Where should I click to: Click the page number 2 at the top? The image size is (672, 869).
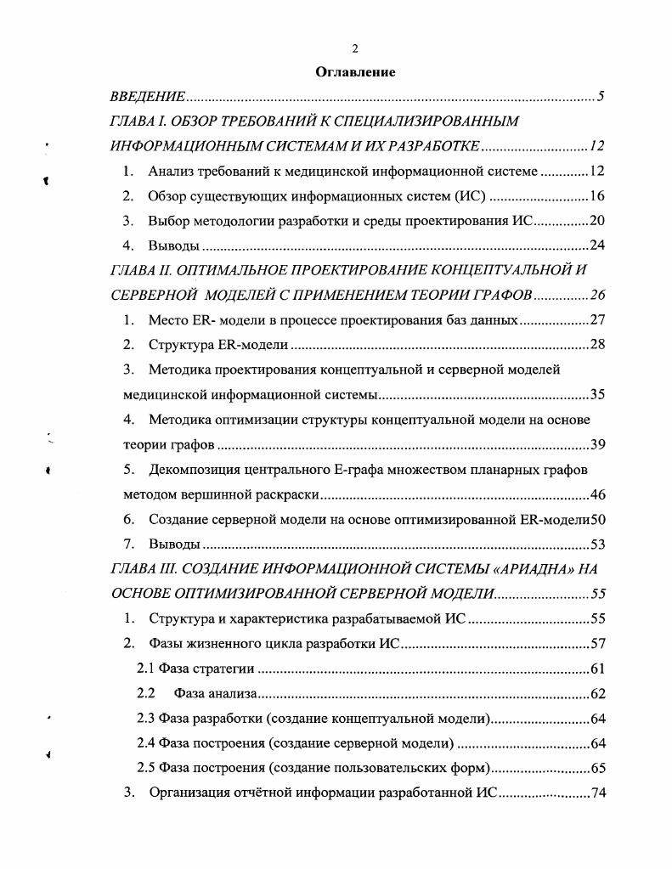(x=355, y=48)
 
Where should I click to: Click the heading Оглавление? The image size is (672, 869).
(x=355, y=72)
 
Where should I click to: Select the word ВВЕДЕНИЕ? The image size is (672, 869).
(x=149, y=98)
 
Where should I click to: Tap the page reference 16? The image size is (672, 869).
(x=596, y=197)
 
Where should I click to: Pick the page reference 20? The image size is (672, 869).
(x=596, y=222)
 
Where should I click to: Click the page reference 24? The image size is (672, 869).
(x=596, y=246)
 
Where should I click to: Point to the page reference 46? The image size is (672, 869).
(x=596, y=495)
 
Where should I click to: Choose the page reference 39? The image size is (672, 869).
(x=596, y=445)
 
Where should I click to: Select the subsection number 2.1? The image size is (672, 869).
(x=146, y=669)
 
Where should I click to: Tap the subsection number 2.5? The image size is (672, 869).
(x=146, y=769)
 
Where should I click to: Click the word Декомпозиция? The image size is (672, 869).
(x=193, y=470)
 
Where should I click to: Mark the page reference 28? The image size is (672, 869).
(x=596, y=346)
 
